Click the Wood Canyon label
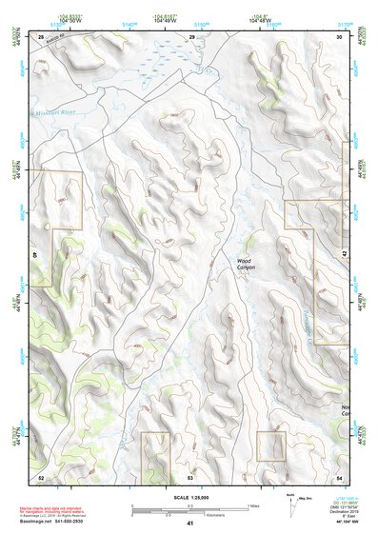247,264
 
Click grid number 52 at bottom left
41,476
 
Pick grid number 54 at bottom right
339,476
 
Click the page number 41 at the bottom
189,524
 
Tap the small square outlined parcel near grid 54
271,445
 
